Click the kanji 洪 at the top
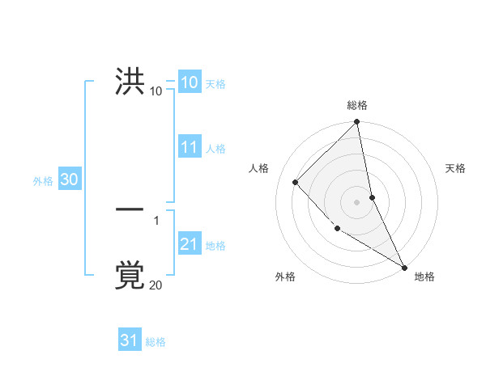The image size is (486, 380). (130, 82)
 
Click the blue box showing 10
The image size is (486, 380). (189, 82)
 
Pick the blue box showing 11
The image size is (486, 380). (190, 147)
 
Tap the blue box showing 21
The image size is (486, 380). (190, 244)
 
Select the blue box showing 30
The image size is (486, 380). (69, 180)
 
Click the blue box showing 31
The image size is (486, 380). (130, 340)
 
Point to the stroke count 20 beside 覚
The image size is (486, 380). (156, 285)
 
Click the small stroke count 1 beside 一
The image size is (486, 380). (156, 220)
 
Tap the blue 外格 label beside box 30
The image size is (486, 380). (43, 181)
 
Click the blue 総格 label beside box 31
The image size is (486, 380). (155, 342)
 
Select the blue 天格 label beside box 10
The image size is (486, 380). (215, 84)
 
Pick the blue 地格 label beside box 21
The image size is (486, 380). (215, 246)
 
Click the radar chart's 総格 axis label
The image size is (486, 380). (357, 105)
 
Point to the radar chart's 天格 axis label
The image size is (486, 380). (455, 168)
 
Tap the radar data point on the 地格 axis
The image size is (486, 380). (404, 267)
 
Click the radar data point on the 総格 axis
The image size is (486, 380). (357, 122)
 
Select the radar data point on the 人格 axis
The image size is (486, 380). (296, 182)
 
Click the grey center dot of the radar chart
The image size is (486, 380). (357, 202)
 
